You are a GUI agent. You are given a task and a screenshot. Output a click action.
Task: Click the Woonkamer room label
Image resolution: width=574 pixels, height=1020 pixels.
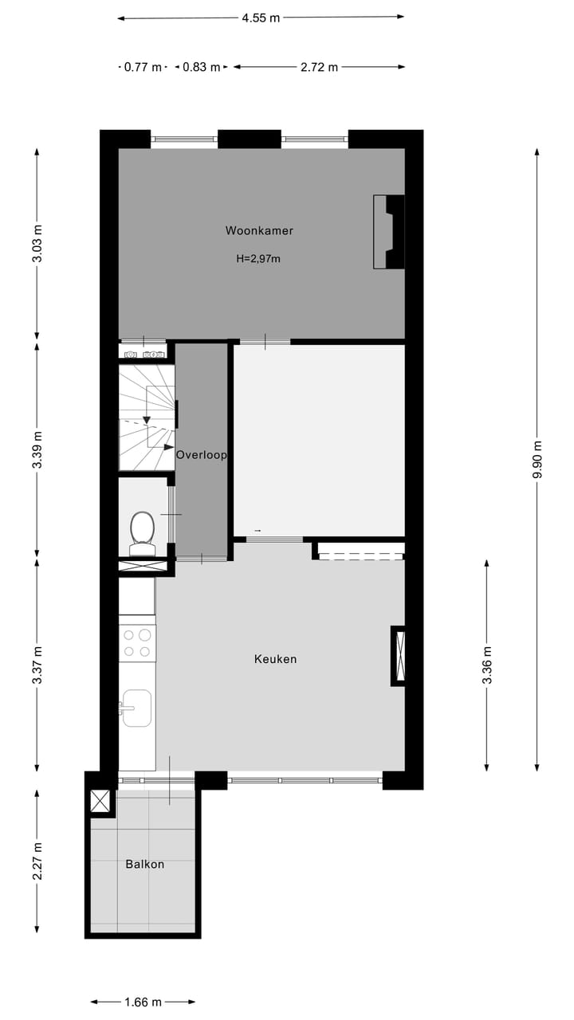(x=259, y=231)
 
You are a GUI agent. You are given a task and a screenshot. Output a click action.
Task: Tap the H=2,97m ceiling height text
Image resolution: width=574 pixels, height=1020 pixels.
(x=258, y=258)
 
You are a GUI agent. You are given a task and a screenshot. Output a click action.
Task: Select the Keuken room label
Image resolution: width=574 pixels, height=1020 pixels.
(x=275, y=659)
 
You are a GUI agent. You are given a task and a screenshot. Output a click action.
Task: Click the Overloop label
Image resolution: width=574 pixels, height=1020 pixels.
(x=201, y=455)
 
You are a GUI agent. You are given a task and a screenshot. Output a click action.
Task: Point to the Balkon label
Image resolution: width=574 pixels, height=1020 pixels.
(x=144, y=864)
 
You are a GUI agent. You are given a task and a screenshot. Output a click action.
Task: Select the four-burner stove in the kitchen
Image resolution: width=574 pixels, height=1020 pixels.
(x=137, y=643)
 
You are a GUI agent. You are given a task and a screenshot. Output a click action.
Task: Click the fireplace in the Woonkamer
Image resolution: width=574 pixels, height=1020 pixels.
(x=390, y=232)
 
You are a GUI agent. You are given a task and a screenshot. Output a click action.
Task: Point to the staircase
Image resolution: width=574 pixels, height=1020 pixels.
(x=147, y=418)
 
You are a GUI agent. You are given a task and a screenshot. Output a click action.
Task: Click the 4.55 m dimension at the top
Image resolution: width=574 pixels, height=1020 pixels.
(x=261, y=18)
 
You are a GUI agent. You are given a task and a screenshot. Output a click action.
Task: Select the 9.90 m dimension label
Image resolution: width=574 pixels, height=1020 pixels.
(x=537, y=460)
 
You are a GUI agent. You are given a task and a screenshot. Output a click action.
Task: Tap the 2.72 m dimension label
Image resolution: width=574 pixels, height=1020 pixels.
(x=319, y=68)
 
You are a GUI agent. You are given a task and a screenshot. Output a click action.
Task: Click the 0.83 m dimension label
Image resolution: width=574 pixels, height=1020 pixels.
(x=201, y=68)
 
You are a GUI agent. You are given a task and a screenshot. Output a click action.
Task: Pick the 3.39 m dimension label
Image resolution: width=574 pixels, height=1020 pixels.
(x=37, y=451)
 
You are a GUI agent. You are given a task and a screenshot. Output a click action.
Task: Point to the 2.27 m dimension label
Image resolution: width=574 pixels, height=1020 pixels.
(x=37, y=861)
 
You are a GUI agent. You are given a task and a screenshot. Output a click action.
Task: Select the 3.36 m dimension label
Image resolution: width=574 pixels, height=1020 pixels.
(x=487, y=665)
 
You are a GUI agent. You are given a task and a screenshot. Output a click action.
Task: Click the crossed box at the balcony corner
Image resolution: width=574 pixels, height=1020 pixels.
(x=100, y=801)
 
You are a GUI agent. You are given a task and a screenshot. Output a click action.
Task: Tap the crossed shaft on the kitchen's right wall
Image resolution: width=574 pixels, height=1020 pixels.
(x=399, y=656)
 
